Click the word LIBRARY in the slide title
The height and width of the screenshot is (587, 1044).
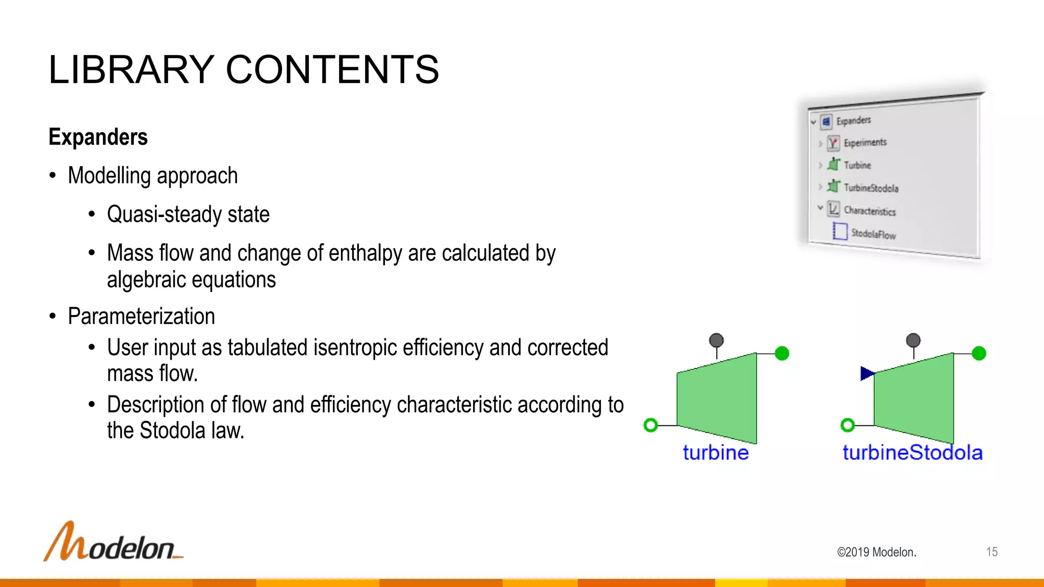131,70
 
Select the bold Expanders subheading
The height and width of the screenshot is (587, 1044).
98,137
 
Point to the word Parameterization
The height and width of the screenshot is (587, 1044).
141,316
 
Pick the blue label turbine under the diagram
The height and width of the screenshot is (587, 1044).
716,452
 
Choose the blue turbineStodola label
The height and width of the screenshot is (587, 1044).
912,452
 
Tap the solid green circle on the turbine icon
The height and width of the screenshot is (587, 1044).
781,353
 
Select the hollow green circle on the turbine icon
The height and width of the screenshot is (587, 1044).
650,425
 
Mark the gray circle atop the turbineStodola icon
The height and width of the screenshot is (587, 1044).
913,340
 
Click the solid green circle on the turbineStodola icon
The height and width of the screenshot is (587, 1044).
979,353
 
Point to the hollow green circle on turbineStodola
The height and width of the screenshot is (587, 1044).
847,425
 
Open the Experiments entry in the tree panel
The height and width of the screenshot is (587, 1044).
865,143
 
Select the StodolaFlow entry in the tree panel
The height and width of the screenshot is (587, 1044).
873,234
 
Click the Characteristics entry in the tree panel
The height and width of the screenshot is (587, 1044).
870,211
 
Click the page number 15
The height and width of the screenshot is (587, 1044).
991,552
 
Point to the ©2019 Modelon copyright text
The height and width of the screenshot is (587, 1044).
876,552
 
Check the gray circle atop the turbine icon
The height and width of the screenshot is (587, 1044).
716,340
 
